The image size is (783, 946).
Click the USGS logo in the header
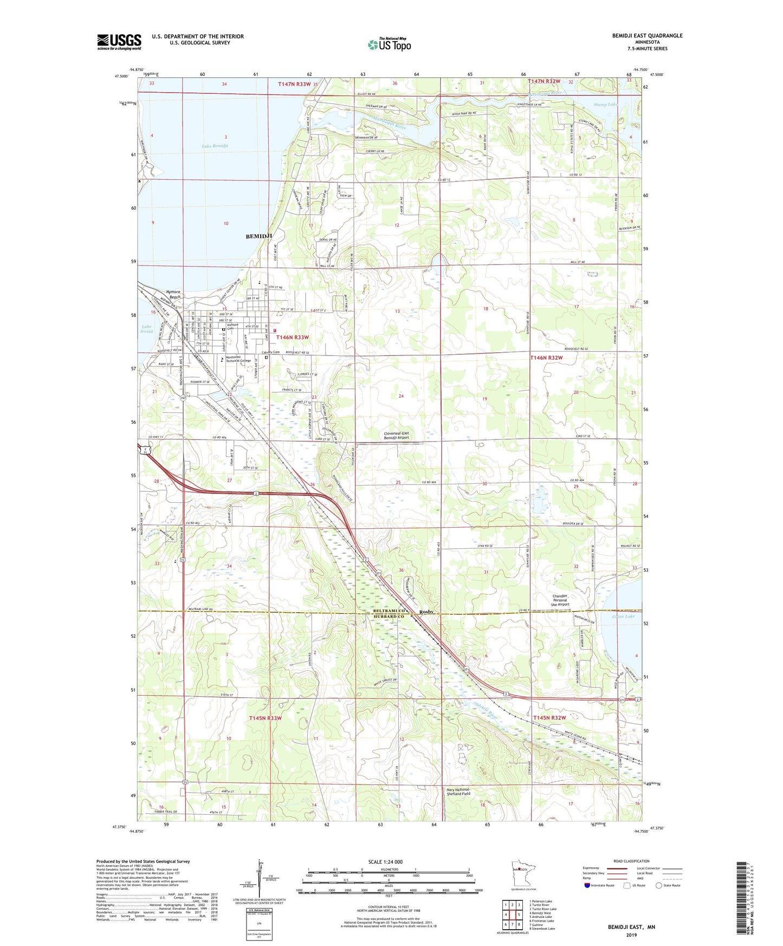coord(119,42)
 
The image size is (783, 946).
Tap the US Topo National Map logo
coord(389,44)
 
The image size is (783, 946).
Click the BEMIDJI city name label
coord(258,236)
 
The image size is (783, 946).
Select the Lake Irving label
coord(147,329)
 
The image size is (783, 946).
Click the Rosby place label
coord(426,612)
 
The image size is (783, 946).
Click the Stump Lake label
coord(605,105)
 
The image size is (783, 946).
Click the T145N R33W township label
coord(266,718)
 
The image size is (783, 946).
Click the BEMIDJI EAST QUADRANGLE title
coord(647,36)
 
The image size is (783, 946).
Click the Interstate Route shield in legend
coord(588,885)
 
